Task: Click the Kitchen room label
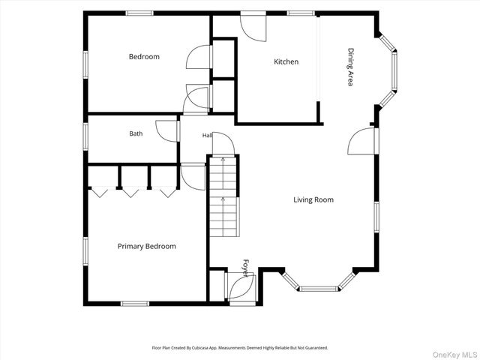point(286,61)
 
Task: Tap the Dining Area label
point(351,67)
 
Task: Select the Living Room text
point(313,200)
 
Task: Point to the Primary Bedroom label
point(147,247)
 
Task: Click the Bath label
point(136,133)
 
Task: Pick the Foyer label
point(246,268)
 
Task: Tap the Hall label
point(207,135)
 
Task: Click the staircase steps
point(223,196)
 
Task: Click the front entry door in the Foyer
point(241,286)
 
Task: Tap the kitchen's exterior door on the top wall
point(253,27)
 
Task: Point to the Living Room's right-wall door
point(361,141)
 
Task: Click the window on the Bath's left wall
point(85,136)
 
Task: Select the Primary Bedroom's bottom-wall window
point(135,304)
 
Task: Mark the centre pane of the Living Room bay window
point(319,289)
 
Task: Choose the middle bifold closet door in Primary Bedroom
point(130,192)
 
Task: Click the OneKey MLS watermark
point(454,355)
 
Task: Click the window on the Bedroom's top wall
point(139,13)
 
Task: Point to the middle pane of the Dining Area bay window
point(394,71)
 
